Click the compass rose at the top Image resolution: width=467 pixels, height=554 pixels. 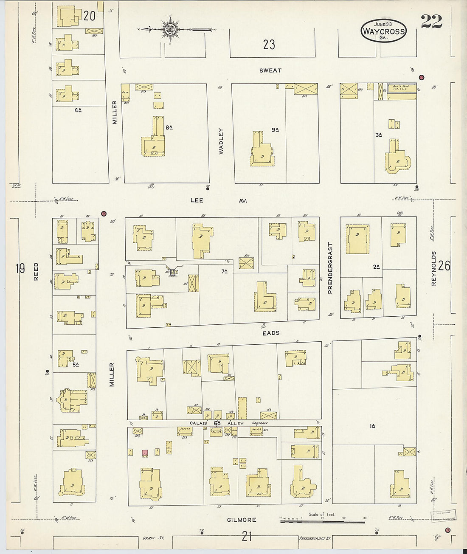[171, 29]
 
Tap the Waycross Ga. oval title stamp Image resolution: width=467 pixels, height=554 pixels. [383, 31]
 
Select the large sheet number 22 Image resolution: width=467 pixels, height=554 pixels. [431, 21]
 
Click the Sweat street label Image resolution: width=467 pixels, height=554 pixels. [270, 70]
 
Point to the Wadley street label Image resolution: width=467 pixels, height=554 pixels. [221, 141]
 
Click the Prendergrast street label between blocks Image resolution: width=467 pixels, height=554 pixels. [330, 268]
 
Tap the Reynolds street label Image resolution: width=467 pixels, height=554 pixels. [434, 268]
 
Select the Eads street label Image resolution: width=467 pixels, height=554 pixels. [270, 333]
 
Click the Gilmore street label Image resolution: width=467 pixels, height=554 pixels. [242, 520]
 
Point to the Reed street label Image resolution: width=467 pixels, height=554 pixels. [36, 271]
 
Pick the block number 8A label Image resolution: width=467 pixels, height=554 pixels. [169, 127]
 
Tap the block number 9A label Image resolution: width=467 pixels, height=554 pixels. [275, 129]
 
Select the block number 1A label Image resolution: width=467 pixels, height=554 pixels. [372, 426]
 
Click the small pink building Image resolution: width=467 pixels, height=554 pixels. [145, 453]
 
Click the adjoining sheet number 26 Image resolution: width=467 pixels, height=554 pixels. [444, 266]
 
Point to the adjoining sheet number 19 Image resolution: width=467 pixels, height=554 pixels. [20, 268]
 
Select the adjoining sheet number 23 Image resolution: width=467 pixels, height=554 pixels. [269, 45]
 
